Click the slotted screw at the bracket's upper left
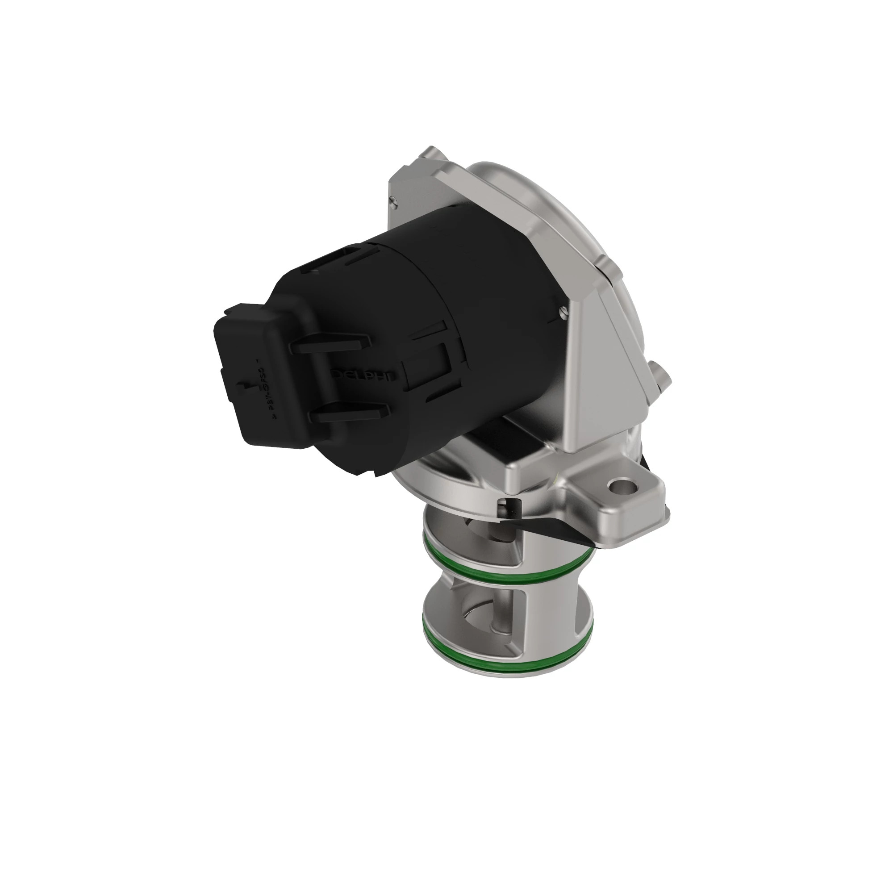tap(393, 200)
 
